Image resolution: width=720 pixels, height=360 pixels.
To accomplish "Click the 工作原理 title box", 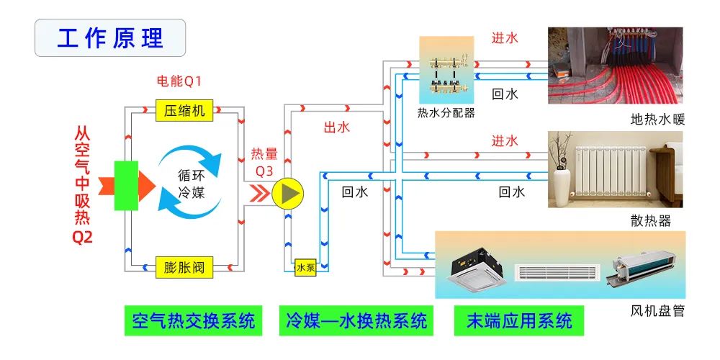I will coord(110,38).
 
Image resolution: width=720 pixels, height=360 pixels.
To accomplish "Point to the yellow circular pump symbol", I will coord(289,192).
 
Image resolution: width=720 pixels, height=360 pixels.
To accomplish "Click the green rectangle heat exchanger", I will coord(126,186).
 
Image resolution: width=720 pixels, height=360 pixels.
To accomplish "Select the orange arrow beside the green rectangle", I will coord(147,186).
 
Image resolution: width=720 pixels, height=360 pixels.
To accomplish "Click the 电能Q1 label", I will coord(180,80).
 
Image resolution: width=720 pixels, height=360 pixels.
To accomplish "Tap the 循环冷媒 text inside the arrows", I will coord(192,184).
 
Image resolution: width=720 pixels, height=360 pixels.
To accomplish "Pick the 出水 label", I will coord(336,127).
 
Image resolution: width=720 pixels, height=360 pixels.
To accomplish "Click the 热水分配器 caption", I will coord(446,113).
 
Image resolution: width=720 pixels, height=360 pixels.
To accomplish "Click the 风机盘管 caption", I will coord(657,311).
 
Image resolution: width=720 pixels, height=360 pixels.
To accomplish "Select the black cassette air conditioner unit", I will coord(475,266).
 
